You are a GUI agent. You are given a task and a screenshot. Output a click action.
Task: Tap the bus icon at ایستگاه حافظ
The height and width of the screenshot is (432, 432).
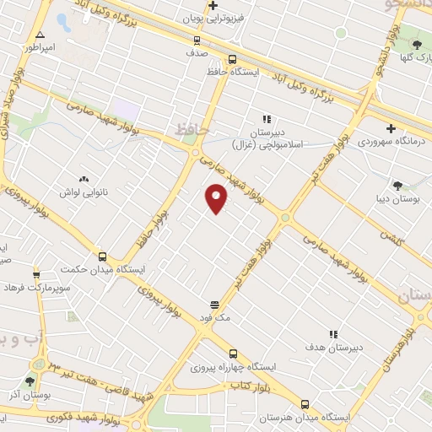pyautogui.click(x=232, y=59)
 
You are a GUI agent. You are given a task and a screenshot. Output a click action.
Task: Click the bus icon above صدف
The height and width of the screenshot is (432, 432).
pyautogui.click(x=197, y=39)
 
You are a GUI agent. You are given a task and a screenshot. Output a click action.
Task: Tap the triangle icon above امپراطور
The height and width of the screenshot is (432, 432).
pyautogui.click(x=39, y=35)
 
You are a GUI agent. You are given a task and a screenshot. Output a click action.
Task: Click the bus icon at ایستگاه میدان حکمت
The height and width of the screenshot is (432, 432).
pyautogui.click(x=103, y=256)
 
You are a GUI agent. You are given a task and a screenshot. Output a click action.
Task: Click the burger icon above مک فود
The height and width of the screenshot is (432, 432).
pyautogui.click(x=215, y=305)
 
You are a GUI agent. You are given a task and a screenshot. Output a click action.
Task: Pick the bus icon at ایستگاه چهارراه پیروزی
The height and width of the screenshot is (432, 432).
pyautogui.click(x=233, y=354)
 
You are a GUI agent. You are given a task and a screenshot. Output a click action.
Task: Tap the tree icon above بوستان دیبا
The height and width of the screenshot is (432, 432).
pyautogui.click(x=397, y=186)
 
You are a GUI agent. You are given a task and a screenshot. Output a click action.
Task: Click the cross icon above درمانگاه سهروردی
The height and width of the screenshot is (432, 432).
pyautogui.click(x=390, y=128)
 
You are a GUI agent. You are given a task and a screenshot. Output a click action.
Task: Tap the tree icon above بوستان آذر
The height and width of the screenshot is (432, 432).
pyautogui.click(x=31, y=381)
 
